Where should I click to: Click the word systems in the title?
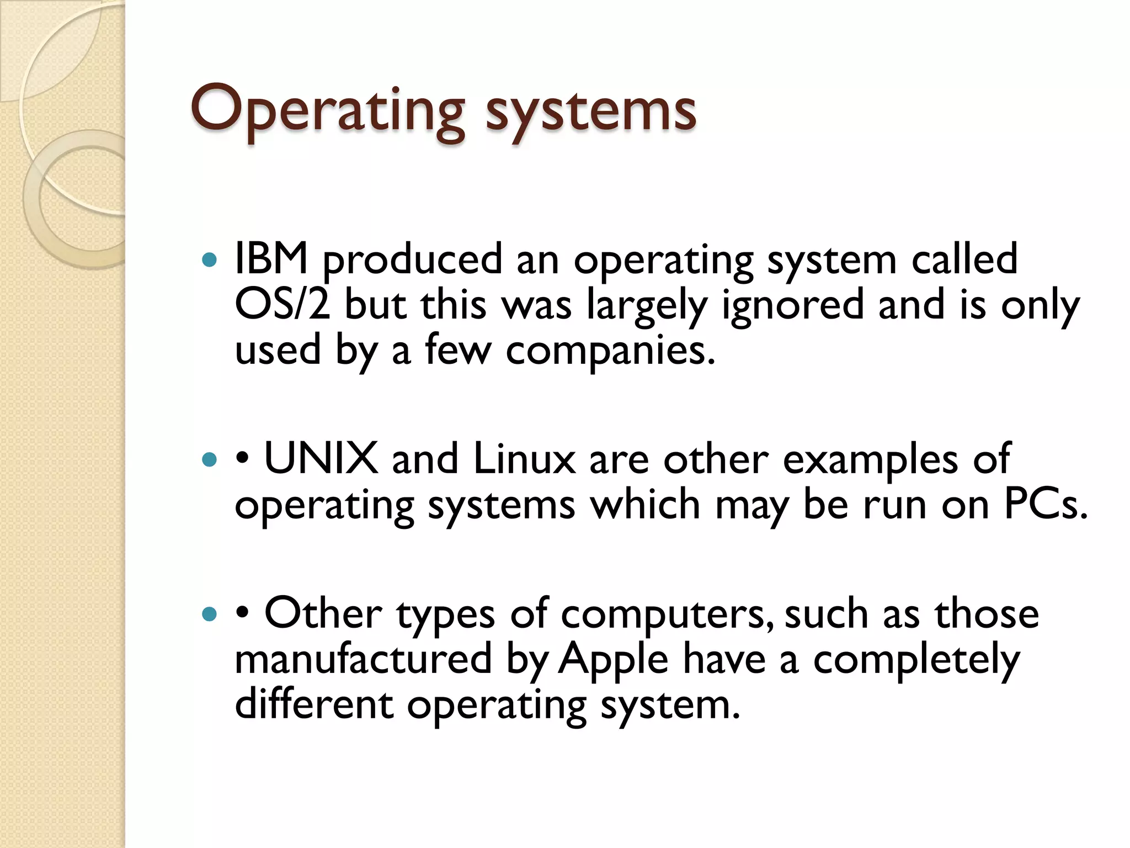(590, 113)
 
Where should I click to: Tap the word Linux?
(524, 459)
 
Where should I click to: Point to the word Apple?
(613, 659)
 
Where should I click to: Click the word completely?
(916, 660)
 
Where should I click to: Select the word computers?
(667, 614)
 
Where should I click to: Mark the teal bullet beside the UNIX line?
(210, 459)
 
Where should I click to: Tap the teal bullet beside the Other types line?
(210, 614)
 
